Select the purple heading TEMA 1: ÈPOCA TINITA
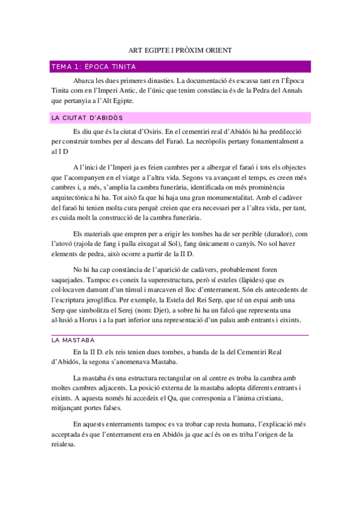(x=94, y=67)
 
